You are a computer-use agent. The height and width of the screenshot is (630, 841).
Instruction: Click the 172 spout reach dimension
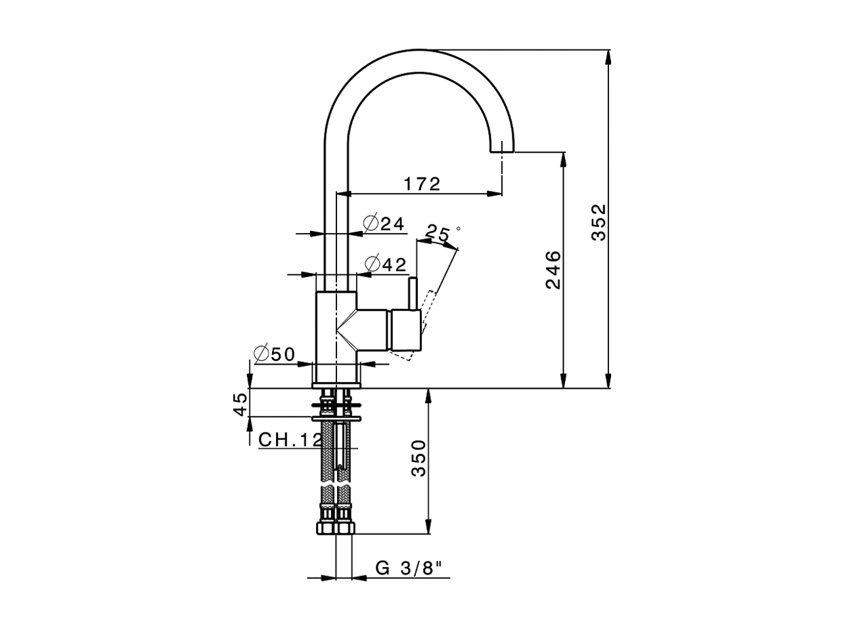pos(422,184)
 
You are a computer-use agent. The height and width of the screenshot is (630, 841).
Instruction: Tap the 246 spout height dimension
pos(553,269)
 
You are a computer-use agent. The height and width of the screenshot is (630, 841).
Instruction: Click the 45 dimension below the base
pos(241,403)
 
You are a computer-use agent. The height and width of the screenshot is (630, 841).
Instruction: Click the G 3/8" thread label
pos(413,568)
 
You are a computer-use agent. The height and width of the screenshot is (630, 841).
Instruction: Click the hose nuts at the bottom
pos(336,528)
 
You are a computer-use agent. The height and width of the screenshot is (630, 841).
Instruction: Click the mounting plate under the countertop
pos(336,416)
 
